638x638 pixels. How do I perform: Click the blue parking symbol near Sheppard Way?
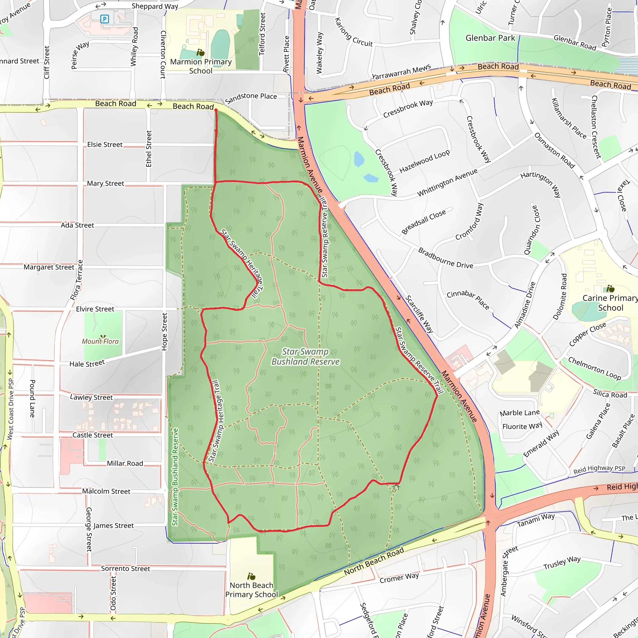click(x=105, y=19)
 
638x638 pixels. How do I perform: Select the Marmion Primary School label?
click(x=201, y=66)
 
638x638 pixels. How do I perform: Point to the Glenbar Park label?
click(x=490, y=38)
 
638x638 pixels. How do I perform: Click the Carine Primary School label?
click(x=610, y=303)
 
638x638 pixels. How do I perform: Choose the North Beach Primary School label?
click(x=252, y=590)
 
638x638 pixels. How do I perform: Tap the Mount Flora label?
click(x=100, y=341)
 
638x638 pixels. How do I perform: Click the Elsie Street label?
click(x=105, y=145)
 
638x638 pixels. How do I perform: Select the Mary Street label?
click(x=105, y=183)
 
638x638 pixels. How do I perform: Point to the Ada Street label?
click(x=77, y=225)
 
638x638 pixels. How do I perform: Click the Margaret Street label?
click(x=49, y=267)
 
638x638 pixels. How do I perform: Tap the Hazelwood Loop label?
click(x=424, y=161)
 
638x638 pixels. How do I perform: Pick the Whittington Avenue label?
click(x=447, y=183)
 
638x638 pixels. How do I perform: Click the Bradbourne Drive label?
click(x=445, y=258)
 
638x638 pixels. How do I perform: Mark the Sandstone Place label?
click(x=251, y=98)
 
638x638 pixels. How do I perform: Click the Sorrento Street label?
click(x=126, y=568)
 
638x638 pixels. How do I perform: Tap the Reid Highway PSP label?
click(x=599, y=469)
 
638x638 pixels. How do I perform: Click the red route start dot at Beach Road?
click(x=216, y=110)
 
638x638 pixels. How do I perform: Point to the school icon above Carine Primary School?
click(x=610, y=289)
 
